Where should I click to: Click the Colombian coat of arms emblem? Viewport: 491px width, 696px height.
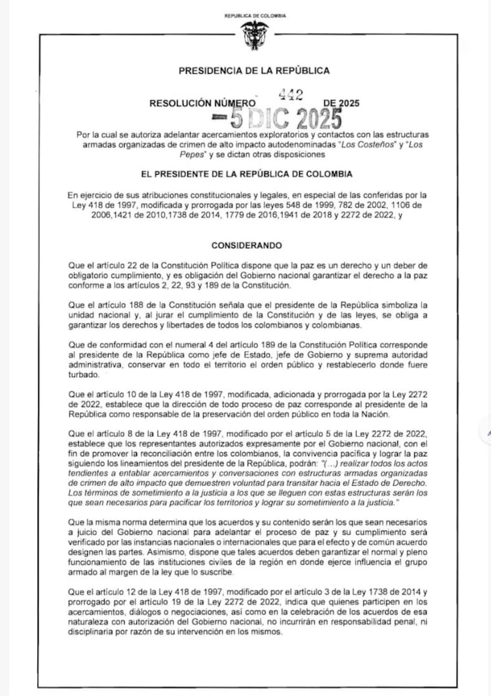click(255, 35)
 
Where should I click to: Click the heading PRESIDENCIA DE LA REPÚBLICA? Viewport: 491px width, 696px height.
click(255, 71)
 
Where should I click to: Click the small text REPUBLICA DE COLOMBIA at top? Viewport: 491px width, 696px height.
click(255, 16)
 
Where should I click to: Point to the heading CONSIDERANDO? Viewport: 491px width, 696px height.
click(246, 246)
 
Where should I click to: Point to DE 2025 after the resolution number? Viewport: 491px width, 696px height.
click(342, 103)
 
